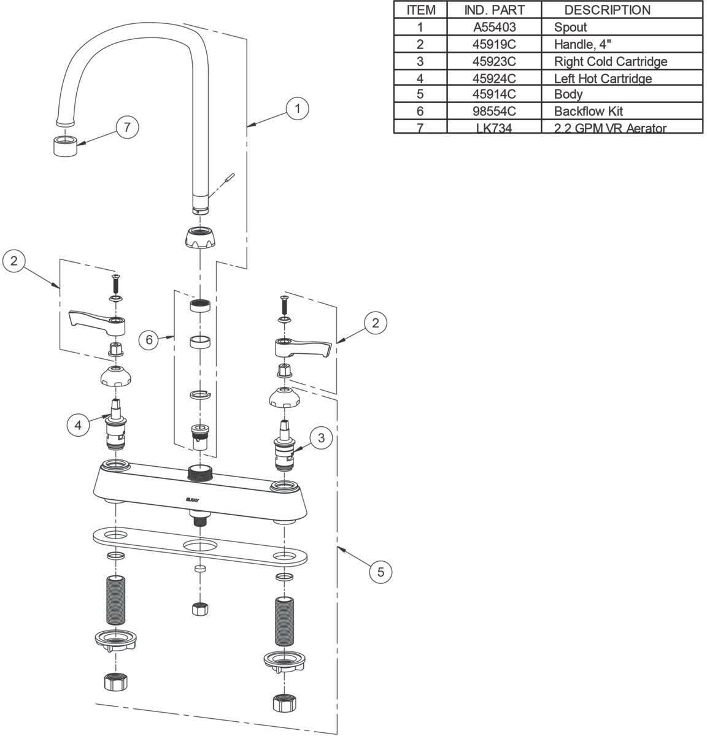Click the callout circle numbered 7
click(x=127, y=128)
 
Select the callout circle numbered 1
click(x=298, y=109)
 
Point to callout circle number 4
click(x=79, y=424)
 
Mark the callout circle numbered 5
click(x=381, y=572)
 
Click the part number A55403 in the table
click(x=495, y=27)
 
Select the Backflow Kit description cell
click(x=588, y=111)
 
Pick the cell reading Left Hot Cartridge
click(x=603, y=79)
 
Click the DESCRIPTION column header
click(x=606, y=10)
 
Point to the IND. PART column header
click(x=495, y=10)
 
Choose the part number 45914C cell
click(x=495, y=94)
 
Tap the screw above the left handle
click(x=115, y=284)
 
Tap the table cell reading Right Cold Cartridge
click(x=610, y=61)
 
